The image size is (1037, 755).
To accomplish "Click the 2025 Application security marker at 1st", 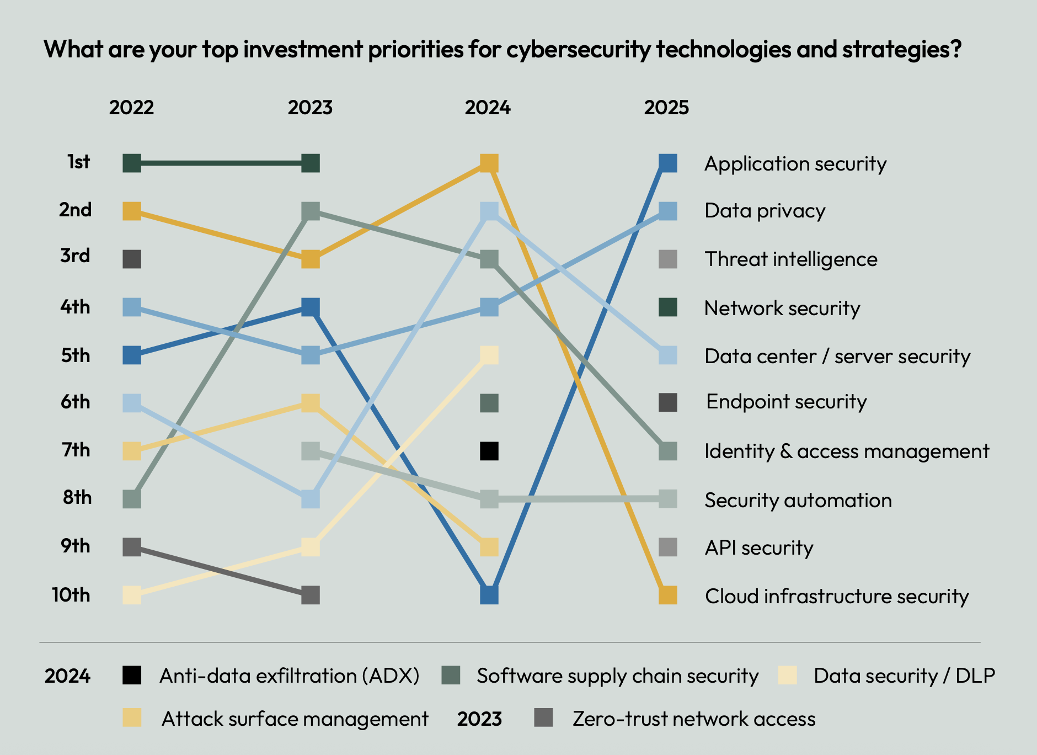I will pyautogui.click(x=667, y=163).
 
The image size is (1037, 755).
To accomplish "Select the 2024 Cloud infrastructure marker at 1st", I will pyautogui.click(x=489, y=163).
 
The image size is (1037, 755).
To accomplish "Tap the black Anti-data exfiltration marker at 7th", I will pyautogui.click(x=489, y=451).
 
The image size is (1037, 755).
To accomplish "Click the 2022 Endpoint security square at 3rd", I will pyautogui.click(x=132, y=259).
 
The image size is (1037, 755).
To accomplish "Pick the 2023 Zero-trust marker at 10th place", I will pyautogui.click(x=311, y=596).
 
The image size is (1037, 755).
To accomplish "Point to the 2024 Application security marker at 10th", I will pyautogui.click(x=489, y=596).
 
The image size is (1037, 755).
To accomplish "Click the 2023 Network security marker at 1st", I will pyautogui.click(x=311, y=163).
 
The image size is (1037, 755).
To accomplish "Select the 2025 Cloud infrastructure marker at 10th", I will pyautogui.click(x=667, y=596).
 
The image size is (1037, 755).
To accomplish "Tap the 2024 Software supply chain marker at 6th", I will pyautogui.click(x=489, y=403).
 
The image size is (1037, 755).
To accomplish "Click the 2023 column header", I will pyautogui.click(x=310, y=107).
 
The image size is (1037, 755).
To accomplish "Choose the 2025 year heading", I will pyautogui.click(x=666, y=107).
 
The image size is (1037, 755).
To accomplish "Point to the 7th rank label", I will pyautogui.click(x=76, y=450).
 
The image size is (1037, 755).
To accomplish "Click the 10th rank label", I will pyautogui.click(x=71, y=595).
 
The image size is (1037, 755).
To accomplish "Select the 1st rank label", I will pyautogui.click(x=78, y=162).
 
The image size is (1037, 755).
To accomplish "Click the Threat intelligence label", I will pyautogui.click(x=791, y=259).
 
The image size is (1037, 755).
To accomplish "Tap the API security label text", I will pyautogui.click(x=759, y=548).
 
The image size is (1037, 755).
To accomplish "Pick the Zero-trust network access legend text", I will pyautogui.click(x=694, y=719).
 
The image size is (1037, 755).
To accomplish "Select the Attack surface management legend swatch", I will pyautogui.click(x=132, y=718).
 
